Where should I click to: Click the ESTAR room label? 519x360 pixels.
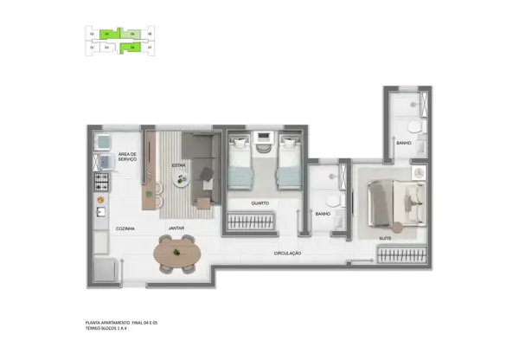click(179, 164)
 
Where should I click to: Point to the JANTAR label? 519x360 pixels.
click(176, 228)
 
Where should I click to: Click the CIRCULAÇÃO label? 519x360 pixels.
click(286, 253)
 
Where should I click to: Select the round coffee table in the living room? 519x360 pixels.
click(183, 180)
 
